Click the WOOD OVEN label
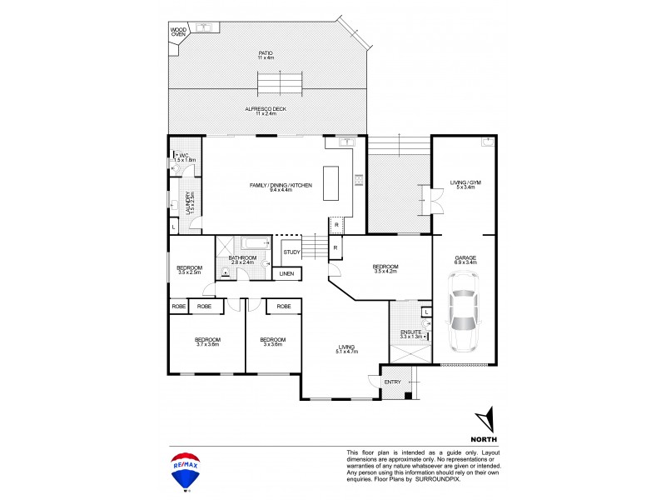point(178,32)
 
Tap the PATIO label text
point(265,56)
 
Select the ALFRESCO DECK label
point(266,110)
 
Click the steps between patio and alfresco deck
point(278,84)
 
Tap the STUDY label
point(291,252)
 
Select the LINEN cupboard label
point(286,273)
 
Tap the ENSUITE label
point(410,332)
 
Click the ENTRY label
point(392,382)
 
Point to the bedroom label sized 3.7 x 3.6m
point(207,342)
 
